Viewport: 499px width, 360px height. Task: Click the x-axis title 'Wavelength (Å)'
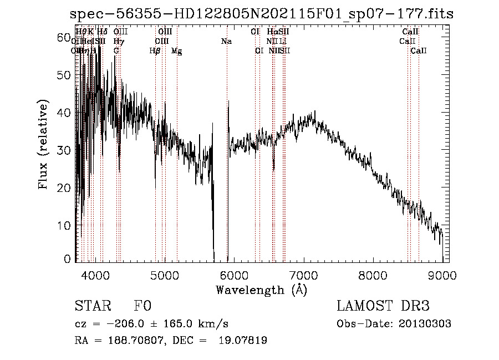coord(261,290)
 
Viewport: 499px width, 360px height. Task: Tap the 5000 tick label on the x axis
coord(164,275)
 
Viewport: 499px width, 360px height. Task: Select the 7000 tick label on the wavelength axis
coord(303,275)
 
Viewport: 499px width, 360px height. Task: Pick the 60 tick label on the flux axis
coord(64,37)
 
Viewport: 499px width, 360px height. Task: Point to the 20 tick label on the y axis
coord(64,187)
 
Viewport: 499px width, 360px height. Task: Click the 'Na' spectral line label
coord(226,42)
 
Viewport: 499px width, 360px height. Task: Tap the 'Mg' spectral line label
coord(176,51)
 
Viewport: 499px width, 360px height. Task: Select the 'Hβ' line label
coord(155,51)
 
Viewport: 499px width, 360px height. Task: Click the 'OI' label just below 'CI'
coord(259,51)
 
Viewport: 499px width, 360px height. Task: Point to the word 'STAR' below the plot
coord(93,306)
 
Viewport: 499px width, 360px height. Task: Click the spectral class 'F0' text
coord(143,306)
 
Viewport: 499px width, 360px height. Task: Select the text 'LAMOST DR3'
coord(383,306)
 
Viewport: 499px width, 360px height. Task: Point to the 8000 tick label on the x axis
coord(373,275)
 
